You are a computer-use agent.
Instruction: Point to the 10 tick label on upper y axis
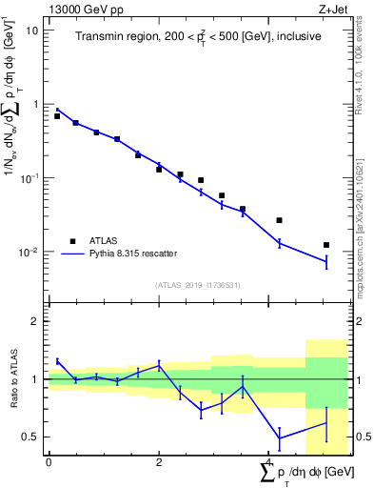(32, 30)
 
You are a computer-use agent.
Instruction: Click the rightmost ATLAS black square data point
(326, 245)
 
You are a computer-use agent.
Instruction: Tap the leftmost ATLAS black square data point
(57, 115)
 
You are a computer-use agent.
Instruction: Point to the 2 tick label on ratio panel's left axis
(35, 321)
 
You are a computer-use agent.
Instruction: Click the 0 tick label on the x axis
(49, 462)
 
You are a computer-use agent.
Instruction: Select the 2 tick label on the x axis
(159, 462)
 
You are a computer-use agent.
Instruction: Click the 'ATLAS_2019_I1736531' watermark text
(198, 285)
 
